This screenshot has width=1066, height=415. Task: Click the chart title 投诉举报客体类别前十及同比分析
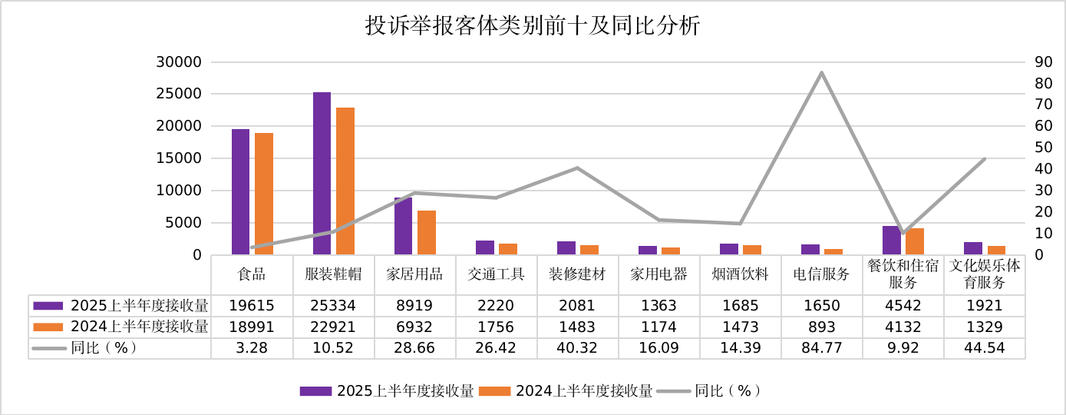[x=533, y=27]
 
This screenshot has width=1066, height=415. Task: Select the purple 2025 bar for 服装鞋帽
[x=322, y=173]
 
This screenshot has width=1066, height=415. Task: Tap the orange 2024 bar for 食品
[x=264, y=194]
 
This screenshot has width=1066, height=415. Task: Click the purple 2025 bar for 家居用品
[x=403, y=226]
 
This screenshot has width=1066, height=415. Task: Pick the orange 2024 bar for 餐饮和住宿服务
[x=915, y=241]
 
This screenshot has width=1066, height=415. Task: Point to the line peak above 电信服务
[x=822, y=73]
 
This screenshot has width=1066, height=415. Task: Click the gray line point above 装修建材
[x=577, y=168]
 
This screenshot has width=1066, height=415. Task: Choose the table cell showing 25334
[x=334, y=305]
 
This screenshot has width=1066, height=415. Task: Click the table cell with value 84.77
[x=822, y=347]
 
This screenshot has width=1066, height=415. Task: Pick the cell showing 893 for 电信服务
[x=822, y=327]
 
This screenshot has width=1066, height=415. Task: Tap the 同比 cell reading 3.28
[x=252, y=347]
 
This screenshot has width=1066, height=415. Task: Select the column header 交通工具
[x=497, y=274]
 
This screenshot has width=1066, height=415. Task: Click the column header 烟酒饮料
[x=741, y=274]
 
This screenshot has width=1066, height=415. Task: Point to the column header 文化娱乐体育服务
[x=985, y=274]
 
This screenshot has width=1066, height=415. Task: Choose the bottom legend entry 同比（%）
[x=728, y=390]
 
